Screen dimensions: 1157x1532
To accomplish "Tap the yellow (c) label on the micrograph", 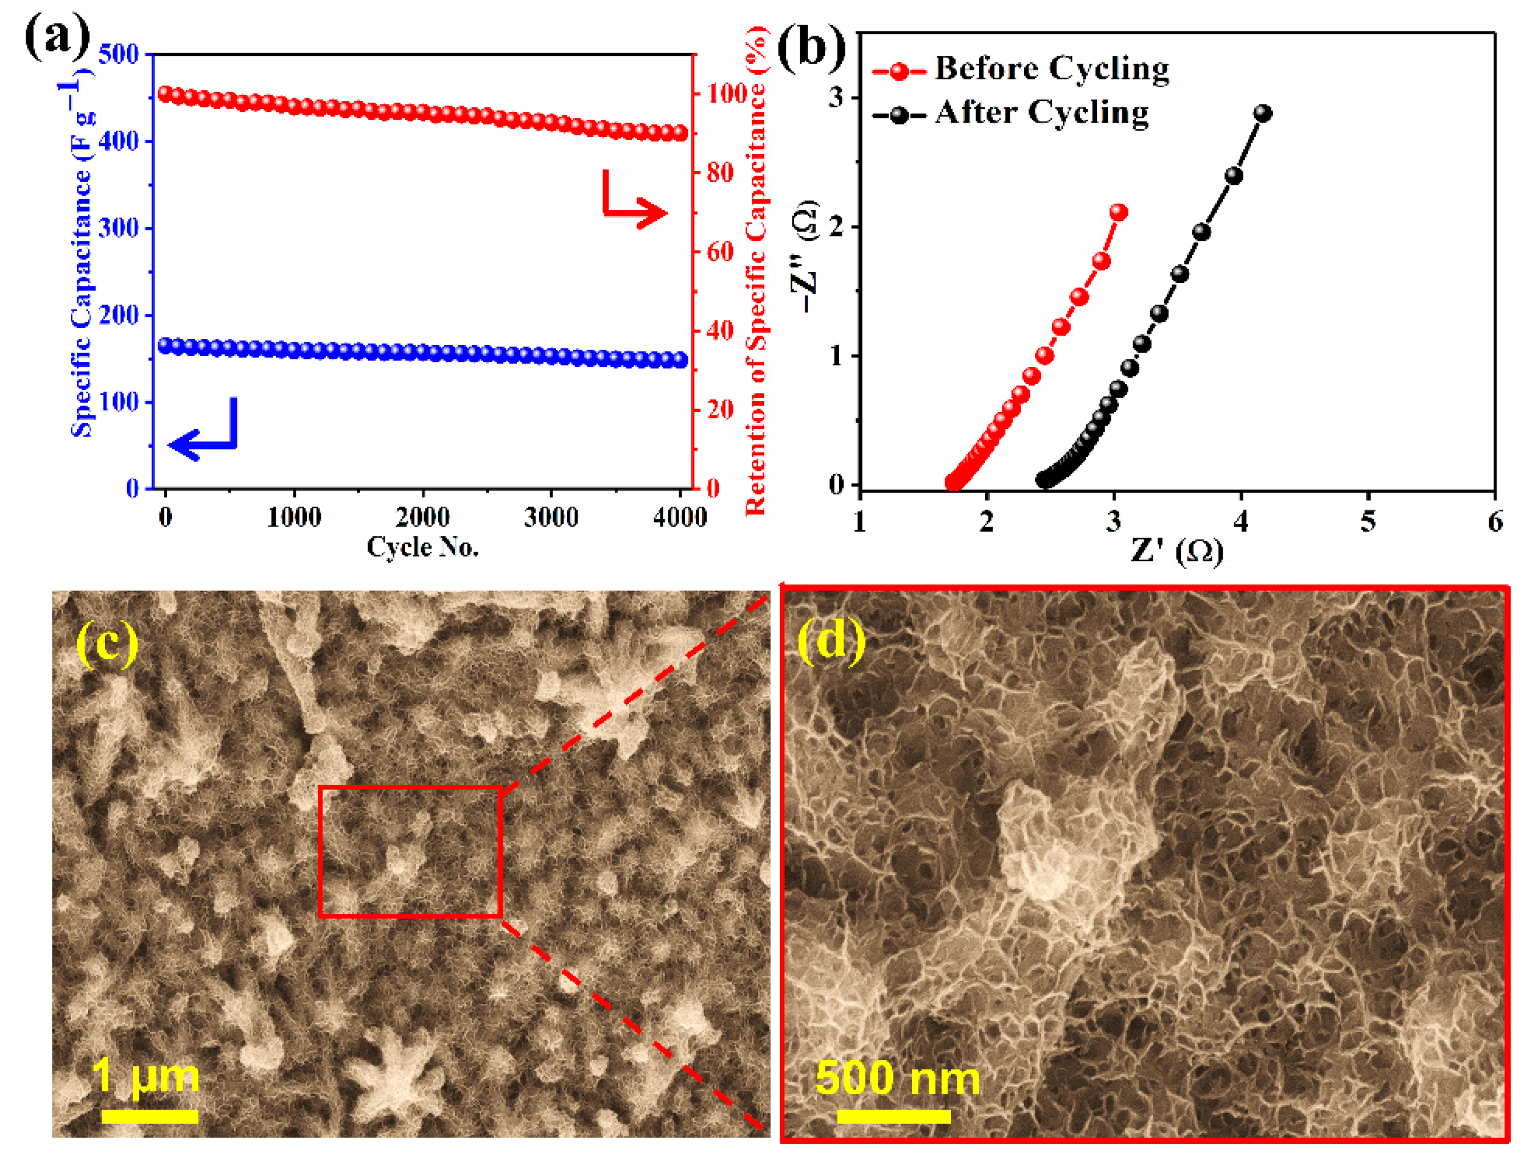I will (x=107, y=642).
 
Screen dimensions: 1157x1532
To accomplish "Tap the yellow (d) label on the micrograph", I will (x=831, y=640).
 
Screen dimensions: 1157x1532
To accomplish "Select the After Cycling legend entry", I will (x=1011, y=113).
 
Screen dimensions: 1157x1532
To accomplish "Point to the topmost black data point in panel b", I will (x=1263, y=114).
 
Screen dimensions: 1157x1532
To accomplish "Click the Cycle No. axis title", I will (x=422, y=547).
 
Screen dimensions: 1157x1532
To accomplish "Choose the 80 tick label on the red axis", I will (x=720, y=172).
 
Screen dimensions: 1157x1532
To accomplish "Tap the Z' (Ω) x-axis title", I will (x=1177, y=551).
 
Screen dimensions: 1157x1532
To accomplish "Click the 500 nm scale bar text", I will (x=897, y=1078).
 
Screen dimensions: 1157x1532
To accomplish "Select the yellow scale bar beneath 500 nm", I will (x=893, y=1116).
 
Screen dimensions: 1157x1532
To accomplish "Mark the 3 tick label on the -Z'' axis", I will (x=837, y=98).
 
